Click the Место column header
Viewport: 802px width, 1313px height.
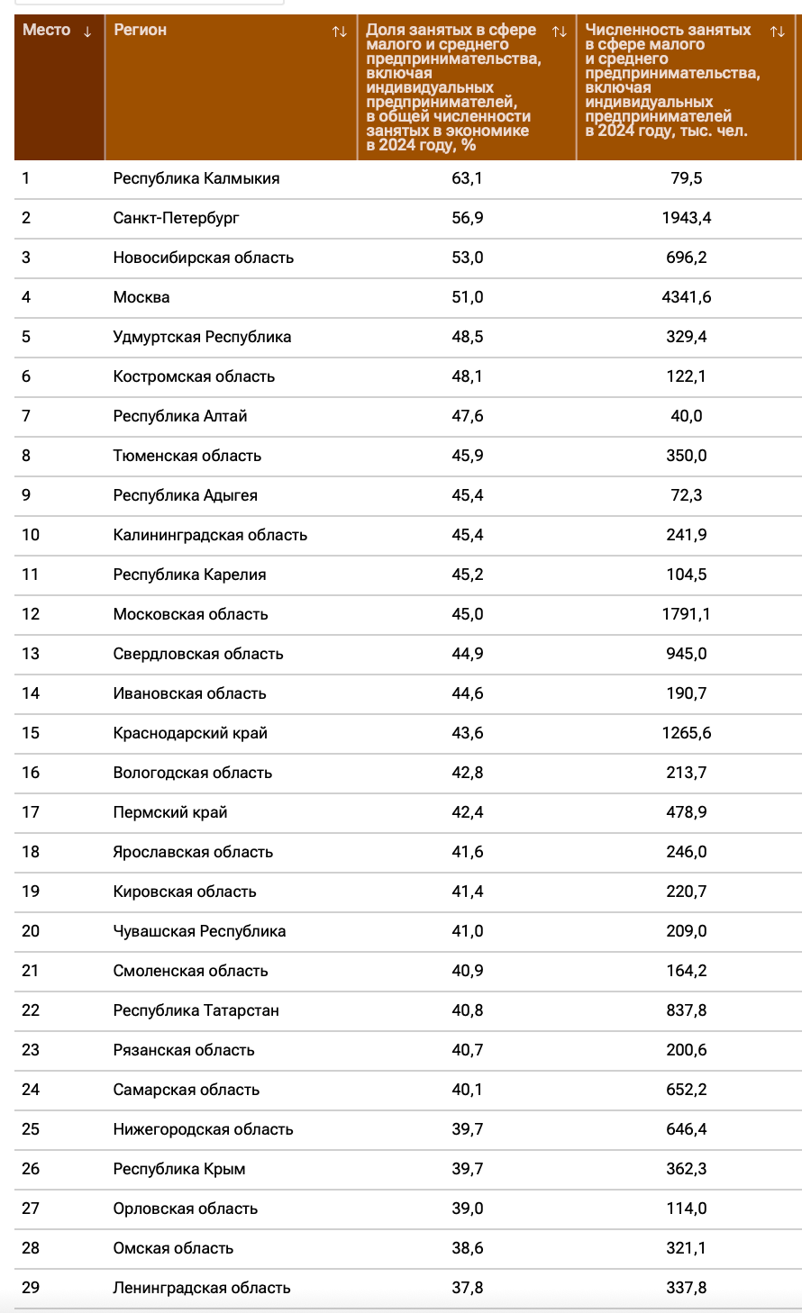[47, 31]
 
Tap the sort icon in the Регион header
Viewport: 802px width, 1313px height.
[339, 32]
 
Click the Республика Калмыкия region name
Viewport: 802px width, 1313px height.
[196, 178]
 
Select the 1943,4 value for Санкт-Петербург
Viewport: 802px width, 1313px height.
[687, 218]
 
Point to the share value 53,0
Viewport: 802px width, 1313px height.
[467, 258]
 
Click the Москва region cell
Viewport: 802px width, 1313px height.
[141, 297]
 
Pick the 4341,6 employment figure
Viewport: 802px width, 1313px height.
[687, 297]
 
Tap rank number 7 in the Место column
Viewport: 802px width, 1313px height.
[26, 416]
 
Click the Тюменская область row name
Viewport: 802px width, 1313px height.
[187, 456]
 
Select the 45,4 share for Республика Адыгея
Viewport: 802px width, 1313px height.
[467, 495]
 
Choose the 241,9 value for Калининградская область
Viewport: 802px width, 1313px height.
[687, 535]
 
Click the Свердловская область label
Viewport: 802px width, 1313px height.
[198, 654]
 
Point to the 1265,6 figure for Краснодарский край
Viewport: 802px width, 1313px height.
[687, 733]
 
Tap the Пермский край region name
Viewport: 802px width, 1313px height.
[170, 812]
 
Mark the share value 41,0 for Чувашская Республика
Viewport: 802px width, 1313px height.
[467, 931]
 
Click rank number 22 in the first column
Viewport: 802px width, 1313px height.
[31, 1010]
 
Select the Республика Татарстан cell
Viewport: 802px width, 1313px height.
[196, 1010]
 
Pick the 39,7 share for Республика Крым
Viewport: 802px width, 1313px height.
[467, 1169]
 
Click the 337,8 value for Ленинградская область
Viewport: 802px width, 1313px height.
[687, 1288]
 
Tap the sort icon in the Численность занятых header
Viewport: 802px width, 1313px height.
[777, 32]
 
